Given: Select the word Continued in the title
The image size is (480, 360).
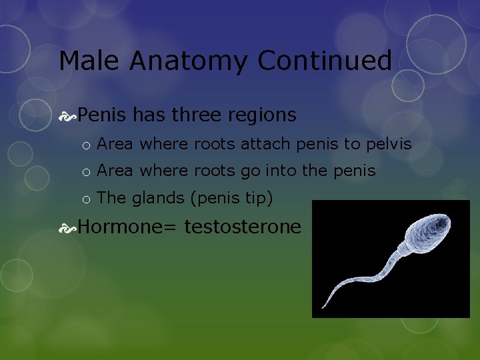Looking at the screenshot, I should (x=325, y=61).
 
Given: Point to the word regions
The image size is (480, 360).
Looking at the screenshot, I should (x=263, y=116).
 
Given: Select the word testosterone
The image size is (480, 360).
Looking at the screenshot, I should (x=243, y=227).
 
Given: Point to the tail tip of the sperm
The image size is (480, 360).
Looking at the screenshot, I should (x=322, y=307).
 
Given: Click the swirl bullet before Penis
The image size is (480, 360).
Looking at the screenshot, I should (x=67, y=116).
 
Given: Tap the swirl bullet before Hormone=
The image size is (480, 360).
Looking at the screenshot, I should (x=67, y=227).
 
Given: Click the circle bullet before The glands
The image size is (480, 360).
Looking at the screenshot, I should (x=87, y=199).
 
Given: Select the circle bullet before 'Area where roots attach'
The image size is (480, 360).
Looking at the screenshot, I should (x=87, y=145).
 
